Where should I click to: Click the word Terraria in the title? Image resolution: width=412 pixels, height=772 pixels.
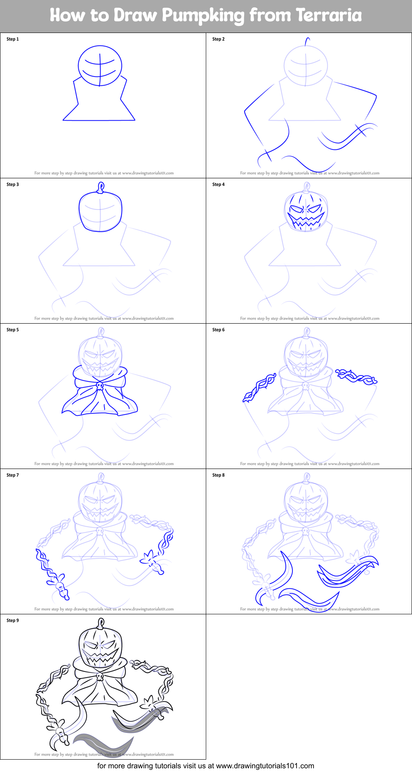coord(329,15)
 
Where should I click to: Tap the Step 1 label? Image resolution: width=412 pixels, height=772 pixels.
coord(13,39)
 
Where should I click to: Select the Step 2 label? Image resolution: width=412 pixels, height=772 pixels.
coord(219,39)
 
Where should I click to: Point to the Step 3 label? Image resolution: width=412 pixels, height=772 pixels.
coord(13,184)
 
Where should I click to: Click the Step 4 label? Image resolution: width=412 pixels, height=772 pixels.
coord(219,184)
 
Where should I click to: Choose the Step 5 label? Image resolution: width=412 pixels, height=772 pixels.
coord(13,330)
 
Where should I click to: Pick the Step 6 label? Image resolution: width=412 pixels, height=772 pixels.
coord(219,330)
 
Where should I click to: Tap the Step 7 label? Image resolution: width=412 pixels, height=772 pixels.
coord(13,475)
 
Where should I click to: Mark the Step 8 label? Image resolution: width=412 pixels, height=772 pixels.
coord(219,475)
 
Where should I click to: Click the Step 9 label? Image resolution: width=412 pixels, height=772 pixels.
coord(13,620)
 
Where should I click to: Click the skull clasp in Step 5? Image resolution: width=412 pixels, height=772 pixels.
coord(99,386)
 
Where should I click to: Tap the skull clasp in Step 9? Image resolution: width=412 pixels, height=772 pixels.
coord(99,676)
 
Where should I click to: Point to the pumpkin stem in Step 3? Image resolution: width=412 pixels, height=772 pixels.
coord(100,188)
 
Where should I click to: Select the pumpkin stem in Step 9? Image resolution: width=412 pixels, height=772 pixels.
coord(100,624)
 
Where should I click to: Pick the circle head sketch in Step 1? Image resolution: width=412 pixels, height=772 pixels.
coord(100,66)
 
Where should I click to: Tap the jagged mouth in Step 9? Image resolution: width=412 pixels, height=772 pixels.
coord(100,656)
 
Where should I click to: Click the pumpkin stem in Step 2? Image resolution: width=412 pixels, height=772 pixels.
coord(306,42)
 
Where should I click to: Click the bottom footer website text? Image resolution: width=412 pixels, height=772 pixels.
coord(206,766)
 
